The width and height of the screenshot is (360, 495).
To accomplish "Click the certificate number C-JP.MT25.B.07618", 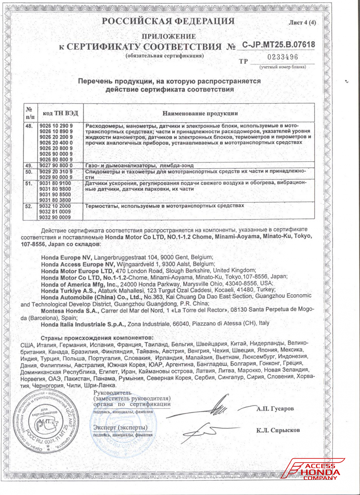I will click(x=278, y=45).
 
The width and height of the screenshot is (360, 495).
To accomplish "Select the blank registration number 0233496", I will click(x=283, y=57).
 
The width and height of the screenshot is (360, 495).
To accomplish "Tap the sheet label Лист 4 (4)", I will click(x=302, y=22).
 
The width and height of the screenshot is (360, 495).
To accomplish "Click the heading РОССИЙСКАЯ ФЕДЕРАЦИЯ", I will click(x=168, y=21).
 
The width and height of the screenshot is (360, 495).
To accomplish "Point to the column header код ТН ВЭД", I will click(x=60, y=113).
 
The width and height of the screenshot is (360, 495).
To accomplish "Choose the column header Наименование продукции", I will click(x=200, y=113).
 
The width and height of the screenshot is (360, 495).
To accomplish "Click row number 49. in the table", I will click(x=29, y=165).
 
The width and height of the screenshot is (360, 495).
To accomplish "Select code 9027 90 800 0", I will click(x=56, y=165).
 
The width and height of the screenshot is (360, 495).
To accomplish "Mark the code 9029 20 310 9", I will click(x=56, y=172).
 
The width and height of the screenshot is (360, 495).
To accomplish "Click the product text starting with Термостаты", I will click(x=164, y=206).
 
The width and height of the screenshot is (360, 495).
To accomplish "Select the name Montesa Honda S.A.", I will click(x=70, y=310).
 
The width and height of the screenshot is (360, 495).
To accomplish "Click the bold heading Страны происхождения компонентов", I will click(x=97, y=338).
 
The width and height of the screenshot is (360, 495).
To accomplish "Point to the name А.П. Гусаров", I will click(x=275, y=409).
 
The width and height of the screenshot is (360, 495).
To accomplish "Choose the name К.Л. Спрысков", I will click(x=278, y=430).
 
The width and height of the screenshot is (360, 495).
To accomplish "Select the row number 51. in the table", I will click(x=29, y=183).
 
